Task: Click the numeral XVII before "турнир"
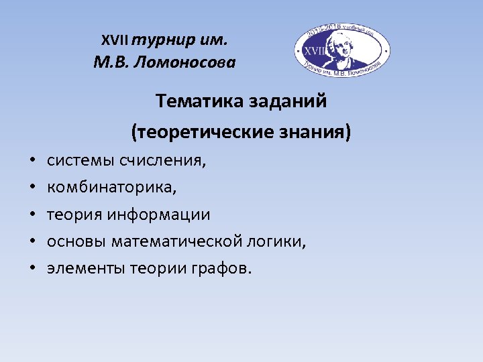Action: coord(115,40)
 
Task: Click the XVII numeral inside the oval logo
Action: coord(314,50)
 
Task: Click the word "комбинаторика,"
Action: coord(112,188)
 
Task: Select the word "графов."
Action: coord(225,269)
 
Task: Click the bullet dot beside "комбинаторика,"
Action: coord(32,188)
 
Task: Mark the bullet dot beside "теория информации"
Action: coord(32,215)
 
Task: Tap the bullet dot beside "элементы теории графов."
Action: coord(32,269)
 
